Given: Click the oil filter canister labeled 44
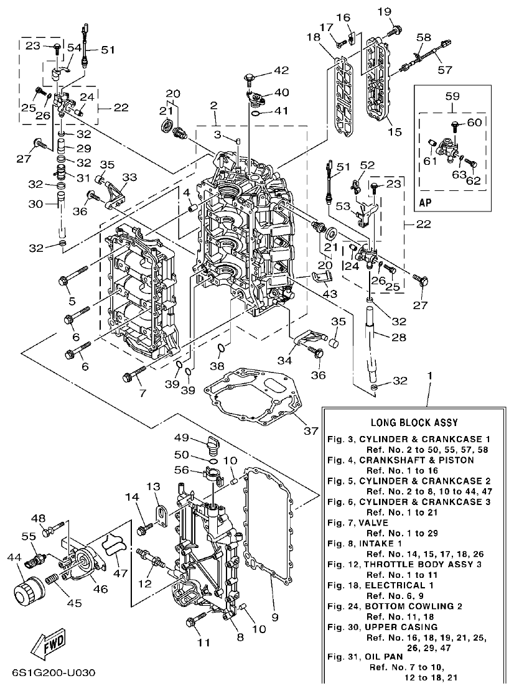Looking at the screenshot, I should click(26, 590).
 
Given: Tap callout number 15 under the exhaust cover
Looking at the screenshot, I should click(395, 132).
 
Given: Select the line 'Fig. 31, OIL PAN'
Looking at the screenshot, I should click(366, 656).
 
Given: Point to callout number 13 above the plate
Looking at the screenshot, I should click(153, 486).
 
